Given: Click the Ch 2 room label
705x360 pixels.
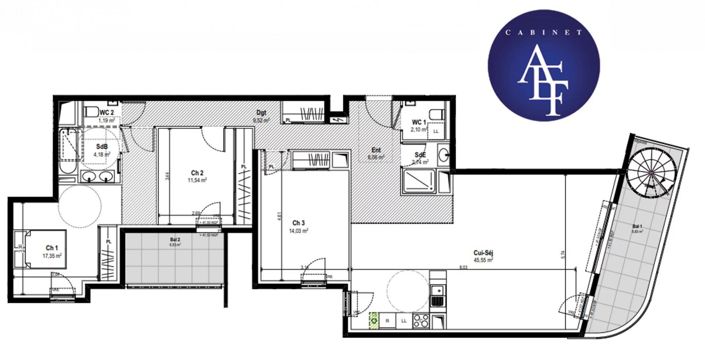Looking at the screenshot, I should click(x=198, y=173).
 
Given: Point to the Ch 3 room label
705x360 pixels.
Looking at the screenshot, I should click(x=298, y=222).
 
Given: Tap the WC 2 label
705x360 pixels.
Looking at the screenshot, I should click(x=105, y=112).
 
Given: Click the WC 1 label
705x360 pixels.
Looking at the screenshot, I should click(x=420, y=123).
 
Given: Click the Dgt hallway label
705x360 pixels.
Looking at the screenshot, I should click(x=261, y=112).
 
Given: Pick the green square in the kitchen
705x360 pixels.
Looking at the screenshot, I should click(x=375, y=321).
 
